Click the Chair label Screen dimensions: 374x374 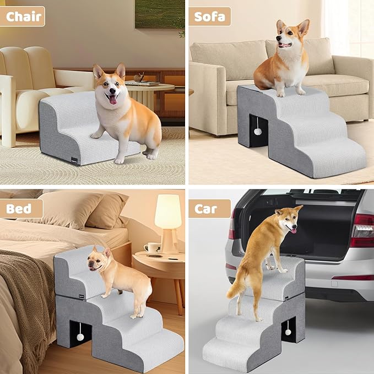[x=24, y=16]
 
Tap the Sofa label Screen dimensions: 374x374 [x=210, y=16]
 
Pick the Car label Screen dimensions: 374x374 [x=210, y=209]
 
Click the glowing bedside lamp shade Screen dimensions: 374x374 [x=168, y=212]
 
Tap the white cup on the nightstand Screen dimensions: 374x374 [x=152, y=247]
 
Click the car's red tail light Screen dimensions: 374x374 [x=361, y=231]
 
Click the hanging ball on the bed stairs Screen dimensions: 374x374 [x=80, y=335]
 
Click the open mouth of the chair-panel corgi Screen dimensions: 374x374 [x=113, y=99]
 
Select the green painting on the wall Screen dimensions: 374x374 [x=159, y=14]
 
